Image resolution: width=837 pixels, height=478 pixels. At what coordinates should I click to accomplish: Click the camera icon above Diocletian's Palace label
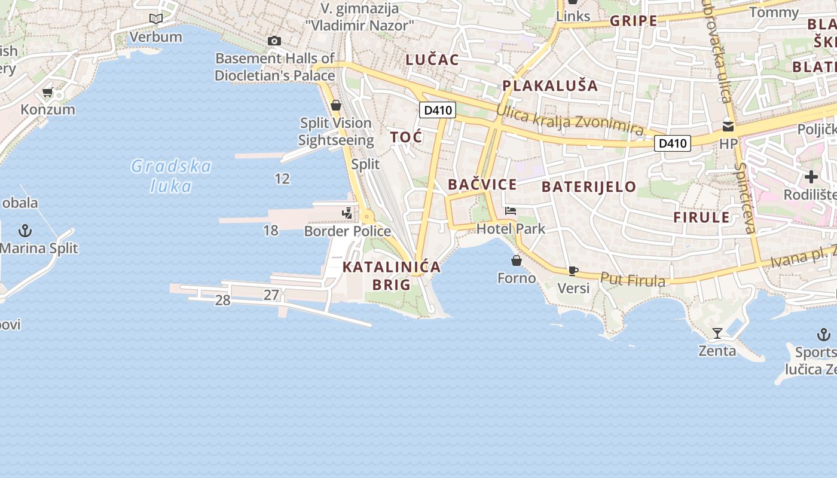click(274, 41)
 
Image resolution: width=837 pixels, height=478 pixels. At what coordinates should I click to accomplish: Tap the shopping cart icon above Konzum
click(48, 92)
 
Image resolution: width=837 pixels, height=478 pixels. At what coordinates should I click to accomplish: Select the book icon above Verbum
click(156, 19)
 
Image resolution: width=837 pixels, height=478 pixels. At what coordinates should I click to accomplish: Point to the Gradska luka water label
click(172, 176)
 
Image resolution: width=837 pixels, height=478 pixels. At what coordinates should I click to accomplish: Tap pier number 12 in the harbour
click(282, 178)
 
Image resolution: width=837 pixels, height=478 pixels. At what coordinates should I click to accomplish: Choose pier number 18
click(271, 230)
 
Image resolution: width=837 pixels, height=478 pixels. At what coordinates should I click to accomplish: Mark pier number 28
click(222, 300)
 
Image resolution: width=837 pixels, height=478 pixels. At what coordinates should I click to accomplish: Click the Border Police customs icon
click(347, 213)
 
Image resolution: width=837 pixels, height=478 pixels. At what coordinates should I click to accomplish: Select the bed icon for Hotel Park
click(511, 210)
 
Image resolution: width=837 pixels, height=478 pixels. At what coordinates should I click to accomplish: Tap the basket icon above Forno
click(517, 261)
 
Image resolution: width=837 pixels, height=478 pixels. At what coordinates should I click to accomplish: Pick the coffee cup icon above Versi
click(573, 271)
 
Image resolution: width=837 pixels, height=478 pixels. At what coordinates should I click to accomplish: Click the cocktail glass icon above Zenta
click(717, 333)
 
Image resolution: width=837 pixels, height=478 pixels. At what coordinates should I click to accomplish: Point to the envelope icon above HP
click(728, 126)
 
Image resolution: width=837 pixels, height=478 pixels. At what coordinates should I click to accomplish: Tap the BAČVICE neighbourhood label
click(482, 184)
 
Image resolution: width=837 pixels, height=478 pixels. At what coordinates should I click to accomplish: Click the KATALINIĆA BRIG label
click(392, 275)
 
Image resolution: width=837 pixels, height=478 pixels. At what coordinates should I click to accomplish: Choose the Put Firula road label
click(633, 279)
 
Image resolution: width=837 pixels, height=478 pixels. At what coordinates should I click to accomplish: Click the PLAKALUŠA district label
click(550, 85)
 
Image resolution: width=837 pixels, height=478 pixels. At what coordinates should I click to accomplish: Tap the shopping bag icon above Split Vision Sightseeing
click(335, 105)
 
